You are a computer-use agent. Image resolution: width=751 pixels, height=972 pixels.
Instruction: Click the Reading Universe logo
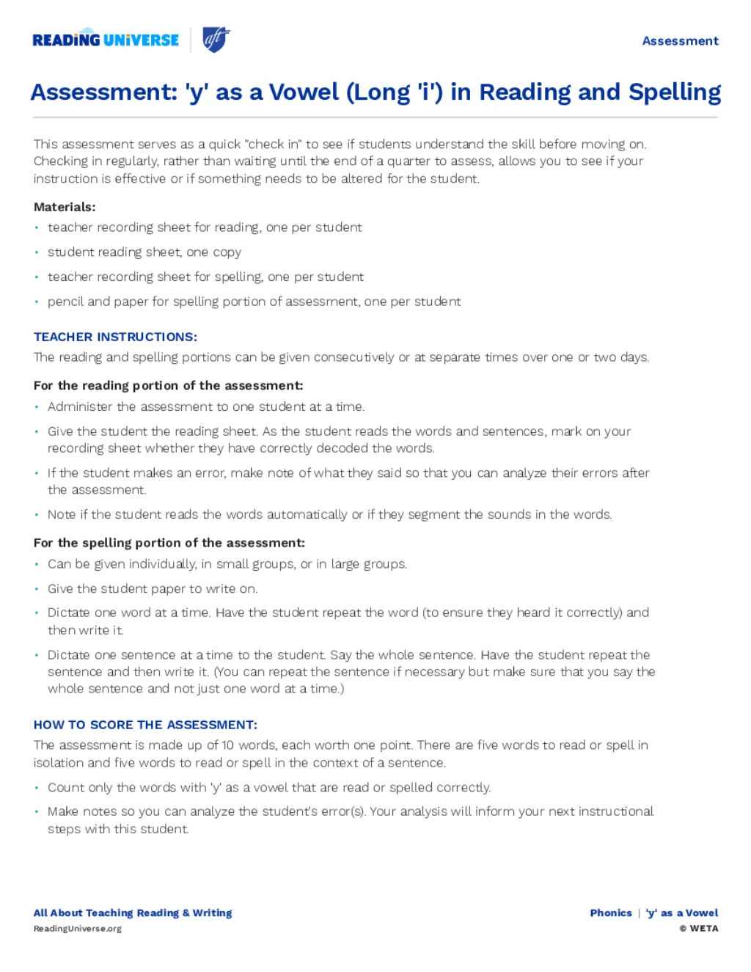click(106, 40)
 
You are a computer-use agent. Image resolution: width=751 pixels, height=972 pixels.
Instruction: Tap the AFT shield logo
click(216, 40)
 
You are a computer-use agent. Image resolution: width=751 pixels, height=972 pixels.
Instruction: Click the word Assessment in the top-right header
click(680, 41)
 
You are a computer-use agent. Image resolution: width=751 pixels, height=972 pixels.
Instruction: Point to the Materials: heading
click(65, 207)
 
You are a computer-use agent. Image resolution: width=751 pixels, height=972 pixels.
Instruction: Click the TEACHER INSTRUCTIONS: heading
click(115, 337)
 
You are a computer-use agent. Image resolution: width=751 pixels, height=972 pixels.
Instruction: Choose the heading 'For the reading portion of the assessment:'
click(168, 385)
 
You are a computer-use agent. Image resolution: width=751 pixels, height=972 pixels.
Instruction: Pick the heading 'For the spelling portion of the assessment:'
click(169, 543)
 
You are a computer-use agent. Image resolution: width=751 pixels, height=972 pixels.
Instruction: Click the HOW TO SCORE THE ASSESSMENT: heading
click(145, 725)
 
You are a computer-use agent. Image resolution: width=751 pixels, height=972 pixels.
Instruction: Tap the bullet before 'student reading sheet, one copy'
click(37, 252)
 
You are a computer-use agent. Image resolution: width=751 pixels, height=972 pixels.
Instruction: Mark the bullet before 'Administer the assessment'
click(37, 407)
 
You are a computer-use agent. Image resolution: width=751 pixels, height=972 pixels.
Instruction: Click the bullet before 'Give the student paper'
click(37, 589)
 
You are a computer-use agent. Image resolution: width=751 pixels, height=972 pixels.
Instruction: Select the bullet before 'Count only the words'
click(37, 788)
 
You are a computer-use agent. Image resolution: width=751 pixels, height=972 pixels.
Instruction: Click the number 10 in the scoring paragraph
click(227, 745)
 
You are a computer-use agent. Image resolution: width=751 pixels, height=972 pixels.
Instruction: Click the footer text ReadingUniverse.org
click(78, 929)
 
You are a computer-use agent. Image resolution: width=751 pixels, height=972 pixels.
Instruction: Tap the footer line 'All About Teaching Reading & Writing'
click(133, 913)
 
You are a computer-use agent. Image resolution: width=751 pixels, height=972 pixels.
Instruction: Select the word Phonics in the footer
click(611, 913)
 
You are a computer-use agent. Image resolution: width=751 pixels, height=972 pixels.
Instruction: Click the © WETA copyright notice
click(699, 929)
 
